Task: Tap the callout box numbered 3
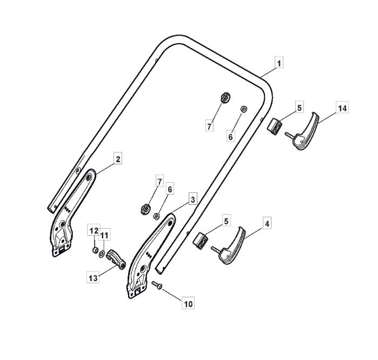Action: click(193, 199)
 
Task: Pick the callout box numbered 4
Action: click(267, 223)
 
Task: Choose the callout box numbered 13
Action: click(93, 277)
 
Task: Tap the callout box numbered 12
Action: click(94, 231)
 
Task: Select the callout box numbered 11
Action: click(104, 234)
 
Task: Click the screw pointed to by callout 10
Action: click(157, 285)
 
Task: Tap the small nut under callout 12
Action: click(95, 250)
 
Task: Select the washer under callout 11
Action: click(102, 253)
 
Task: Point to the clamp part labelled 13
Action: click(116, 259)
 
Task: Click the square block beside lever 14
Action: click(275, 126)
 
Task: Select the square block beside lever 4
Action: click(200, 241)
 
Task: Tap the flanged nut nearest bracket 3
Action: click(145, 209)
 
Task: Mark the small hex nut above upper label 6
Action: click(244, 109)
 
